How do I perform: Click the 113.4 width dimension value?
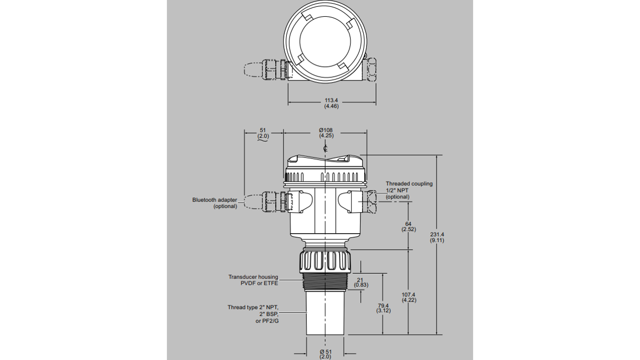coord(331,100)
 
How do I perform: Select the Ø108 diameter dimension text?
coord(326,131)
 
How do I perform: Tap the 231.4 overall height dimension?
coord(436,235)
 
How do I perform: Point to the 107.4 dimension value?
coord(409,295)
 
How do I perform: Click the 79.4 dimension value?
coord(383,305)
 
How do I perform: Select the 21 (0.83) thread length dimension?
coord(361,282)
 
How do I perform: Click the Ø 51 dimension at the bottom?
coord(325,352)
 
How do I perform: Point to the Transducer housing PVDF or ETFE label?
coord(253,280)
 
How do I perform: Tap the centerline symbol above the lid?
coord(326,149)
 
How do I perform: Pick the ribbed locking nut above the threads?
coord(326,261)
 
